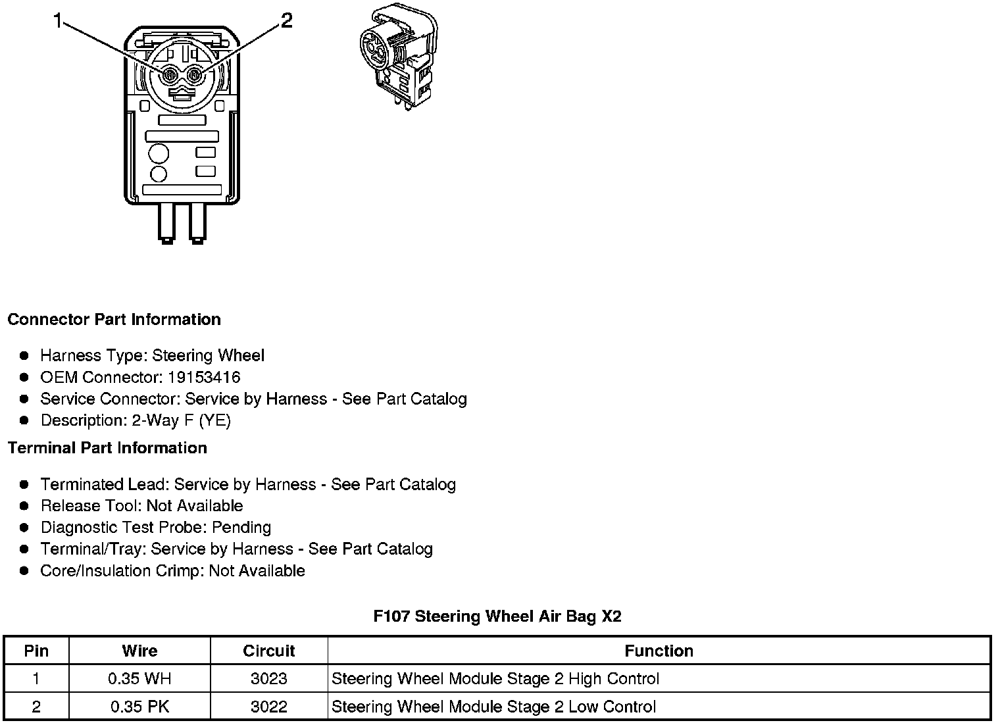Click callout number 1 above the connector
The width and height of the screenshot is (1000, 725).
tap(58, 22)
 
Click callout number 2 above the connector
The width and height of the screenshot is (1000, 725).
tap(286, 22)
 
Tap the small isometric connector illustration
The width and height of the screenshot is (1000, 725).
tap(398, 57)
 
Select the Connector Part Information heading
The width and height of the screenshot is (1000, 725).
tap(114, 320)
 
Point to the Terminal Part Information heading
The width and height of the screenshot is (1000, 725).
tap(107, 448)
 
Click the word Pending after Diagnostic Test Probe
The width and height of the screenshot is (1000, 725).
tap(241, 528)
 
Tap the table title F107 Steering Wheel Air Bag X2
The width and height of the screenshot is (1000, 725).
tap(497, 616)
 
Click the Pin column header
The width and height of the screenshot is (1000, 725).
tap(36, 651)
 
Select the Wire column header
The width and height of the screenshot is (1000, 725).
tap(139, 651)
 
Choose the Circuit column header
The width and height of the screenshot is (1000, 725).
tap(269, 651)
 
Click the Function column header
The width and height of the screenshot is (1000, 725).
tap(659, 651)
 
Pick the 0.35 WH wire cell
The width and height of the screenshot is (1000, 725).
tap(139, 679)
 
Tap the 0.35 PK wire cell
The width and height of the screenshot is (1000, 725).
tap(139, 707)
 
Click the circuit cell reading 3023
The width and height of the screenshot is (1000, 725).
tap(269, 679)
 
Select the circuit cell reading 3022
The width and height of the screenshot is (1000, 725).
tap(269, 707)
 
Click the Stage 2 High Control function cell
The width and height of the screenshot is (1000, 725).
tap(495, 679)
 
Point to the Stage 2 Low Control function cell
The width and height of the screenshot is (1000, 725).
tap(493, 707)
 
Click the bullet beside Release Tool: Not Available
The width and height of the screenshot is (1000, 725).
tap(24, 506)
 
